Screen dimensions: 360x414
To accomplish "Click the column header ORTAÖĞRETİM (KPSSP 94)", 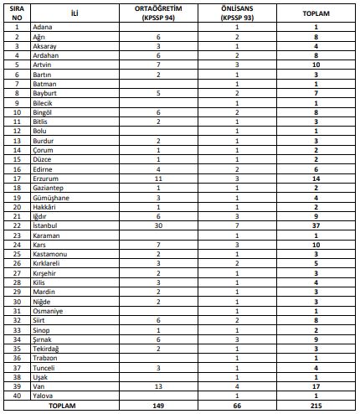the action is point(157,14).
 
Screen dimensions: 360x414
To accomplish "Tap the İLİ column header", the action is point(75,14).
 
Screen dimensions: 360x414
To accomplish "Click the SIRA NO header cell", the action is point(17,14).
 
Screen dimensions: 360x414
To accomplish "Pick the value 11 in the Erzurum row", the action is point(157,179).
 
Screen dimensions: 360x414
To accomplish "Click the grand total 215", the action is point(317,406).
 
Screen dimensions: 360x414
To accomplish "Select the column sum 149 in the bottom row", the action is point(157,406).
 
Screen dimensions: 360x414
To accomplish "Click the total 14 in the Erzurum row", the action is point(317,179).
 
